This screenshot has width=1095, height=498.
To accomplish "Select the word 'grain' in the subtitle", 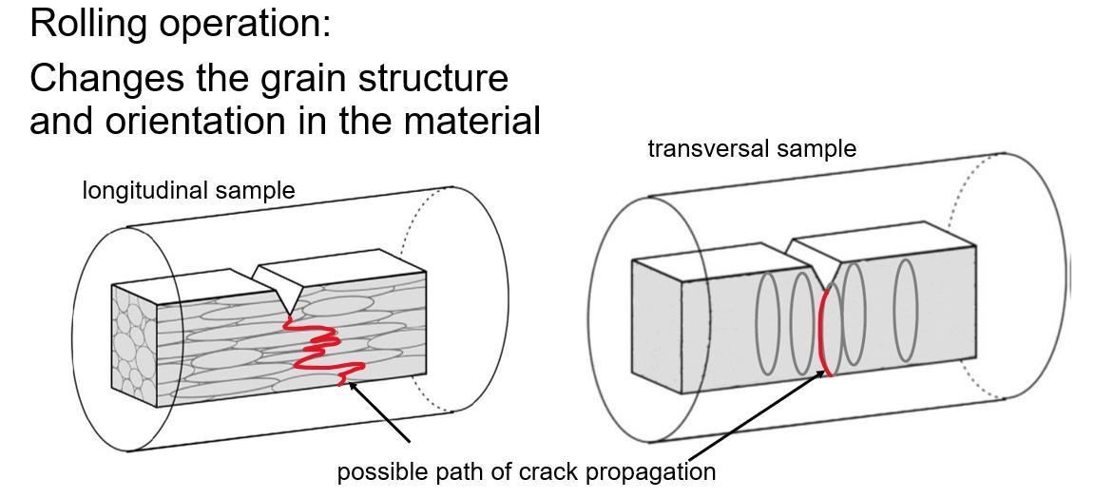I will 308,78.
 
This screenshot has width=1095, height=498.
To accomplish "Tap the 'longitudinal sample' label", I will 188,191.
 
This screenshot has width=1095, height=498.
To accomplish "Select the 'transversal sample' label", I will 752,149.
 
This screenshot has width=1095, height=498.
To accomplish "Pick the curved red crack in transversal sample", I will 823,333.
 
